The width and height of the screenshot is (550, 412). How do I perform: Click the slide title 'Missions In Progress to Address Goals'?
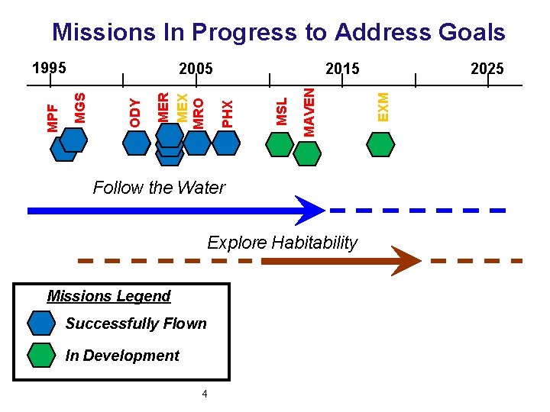click(278, 32)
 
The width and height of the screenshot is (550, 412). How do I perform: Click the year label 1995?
click(50, 68)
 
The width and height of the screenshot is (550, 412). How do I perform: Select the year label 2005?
click(196, 69)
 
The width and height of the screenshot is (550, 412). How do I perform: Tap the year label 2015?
click(342, 69)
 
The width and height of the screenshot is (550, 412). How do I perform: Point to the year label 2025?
click(487, 69)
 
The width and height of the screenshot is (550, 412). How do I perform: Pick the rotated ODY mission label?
click(135, 112)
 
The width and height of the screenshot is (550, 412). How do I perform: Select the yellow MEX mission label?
click(182, 108)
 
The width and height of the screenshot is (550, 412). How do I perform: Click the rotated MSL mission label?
click(282, 111)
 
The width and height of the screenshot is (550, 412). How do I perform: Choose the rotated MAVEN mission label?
click(309, 111)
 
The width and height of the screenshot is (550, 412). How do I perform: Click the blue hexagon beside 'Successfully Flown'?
click(41, 323)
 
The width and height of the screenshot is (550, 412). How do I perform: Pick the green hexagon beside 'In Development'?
click(41, 356)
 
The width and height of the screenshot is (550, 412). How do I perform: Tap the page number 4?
click(204, 394)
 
